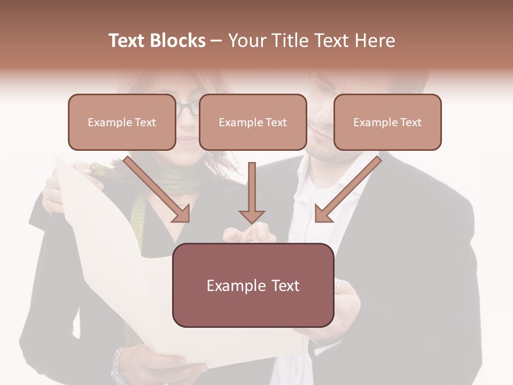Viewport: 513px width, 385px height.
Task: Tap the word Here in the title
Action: [x=375, y=41]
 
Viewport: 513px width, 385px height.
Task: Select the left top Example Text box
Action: [x=122, y=122]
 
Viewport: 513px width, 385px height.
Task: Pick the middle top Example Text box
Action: [x=253, y=122]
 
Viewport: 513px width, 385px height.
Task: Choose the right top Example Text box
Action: [x=387, y=122]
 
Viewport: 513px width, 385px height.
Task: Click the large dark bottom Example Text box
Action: [x=253, y=285]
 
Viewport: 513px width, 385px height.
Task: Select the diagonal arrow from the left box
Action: [x=158, y=190]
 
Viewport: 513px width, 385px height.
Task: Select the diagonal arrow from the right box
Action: [x=347, y=190]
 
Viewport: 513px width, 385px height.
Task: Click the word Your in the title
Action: [x=244, y=41]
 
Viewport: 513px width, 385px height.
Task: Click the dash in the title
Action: [x=216, y=41]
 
